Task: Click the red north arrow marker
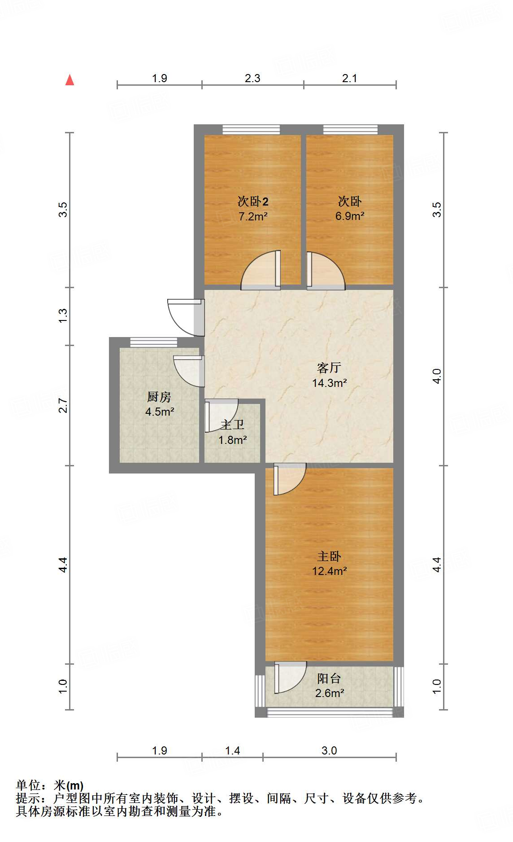[x=70, y=80]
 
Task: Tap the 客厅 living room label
[x=329, y=368]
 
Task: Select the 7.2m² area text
[x=253, y=216]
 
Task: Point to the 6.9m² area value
[x=350, y=216]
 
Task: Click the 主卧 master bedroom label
[x=329, y=557]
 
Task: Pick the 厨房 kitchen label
[x=159, y=397]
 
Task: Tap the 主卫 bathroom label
[x=232, y=425]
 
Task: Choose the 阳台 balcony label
[x=329, y=679]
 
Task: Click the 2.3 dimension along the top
[x=252, y=79]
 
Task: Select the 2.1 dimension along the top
[x=350, y=79]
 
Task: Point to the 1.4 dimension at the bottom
[x=232, y=750]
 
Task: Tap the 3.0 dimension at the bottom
[x=329, y=750]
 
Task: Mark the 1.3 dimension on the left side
[x=63, y=316]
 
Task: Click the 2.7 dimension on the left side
[x=63, y=405]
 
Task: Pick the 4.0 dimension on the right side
[x=437, y=376]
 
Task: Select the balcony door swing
[x=289, y=677]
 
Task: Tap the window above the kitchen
[x=154, y=342]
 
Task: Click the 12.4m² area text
[x=329, y=571]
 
